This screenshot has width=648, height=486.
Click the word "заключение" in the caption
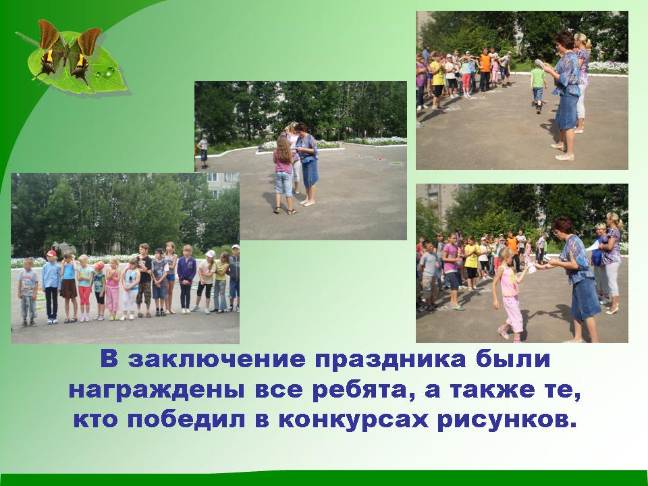pos(216,360)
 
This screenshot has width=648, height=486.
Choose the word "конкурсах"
pos(353,421)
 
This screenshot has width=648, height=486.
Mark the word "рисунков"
pos(507,421)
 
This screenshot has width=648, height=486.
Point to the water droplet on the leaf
pos(109,72)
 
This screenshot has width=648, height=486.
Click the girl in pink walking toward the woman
pos(510,294)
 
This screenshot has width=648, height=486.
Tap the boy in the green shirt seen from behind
pos(538,86)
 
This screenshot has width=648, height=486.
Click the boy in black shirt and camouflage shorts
pos(144,279)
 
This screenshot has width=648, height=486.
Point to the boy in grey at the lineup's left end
pos(28,292)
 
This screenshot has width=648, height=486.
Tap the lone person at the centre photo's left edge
pos(203,152)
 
